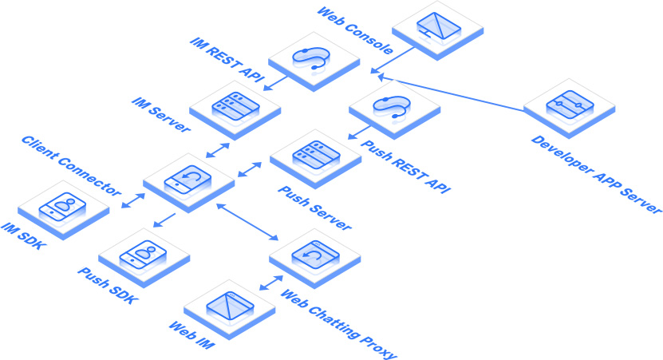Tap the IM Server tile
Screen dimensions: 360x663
click(235, 108)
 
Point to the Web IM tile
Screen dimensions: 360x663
click(229, 307)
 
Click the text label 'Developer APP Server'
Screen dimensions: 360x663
click(596, 174)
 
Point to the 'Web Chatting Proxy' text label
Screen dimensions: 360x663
click(337, 322)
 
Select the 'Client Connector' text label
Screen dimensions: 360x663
click(72, 167)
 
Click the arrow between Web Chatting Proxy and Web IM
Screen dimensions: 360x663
click(271, 283)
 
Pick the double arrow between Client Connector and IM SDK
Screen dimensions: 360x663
click(132, 200)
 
